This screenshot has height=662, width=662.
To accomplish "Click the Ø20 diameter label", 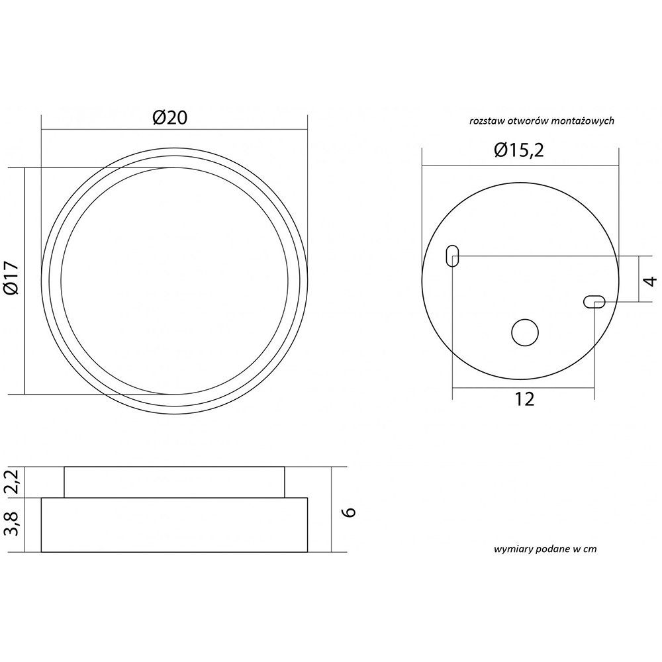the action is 170,118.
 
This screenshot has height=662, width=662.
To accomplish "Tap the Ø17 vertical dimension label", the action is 11,277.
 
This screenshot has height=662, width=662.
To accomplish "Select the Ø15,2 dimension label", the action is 519,150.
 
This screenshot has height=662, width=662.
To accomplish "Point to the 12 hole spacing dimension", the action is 525,399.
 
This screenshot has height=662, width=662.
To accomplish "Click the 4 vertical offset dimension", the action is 651,281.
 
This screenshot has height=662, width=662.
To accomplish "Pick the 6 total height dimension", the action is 350,512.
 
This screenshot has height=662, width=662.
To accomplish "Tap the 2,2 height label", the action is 13,482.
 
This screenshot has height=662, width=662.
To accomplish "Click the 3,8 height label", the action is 13,524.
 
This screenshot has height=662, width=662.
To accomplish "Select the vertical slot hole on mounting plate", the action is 452,256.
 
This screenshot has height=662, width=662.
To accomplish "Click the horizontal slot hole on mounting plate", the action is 594,302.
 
